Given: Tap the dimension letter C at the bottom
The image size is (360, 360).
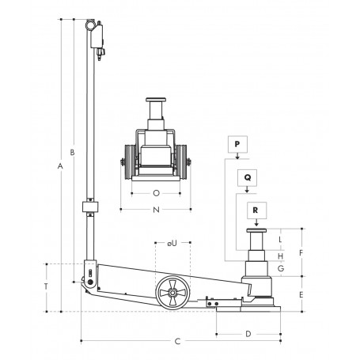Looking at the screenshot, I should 177,341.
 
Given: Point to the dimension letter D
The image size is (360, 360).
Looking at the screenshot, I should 248,333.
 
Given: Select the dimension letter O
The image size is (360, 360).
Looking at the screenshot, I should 156,191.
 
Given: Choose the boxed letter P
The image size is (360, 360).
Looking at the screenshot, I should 237,144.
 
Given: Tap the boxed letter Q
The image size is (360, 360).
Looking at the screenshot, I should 248,178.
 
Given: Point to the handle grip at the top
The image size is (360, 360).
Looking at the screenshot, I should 96,30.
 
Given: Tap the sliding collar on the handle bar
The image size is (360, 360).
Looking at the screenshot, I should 90,209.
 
